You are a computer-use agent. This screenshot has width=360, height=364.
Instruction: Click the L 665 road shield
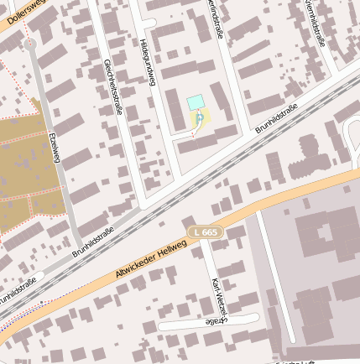pyautogui.click(x=204, y=231)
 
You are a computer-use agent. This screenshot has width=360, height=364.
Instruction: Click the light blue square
pyautogui.click(x=196, y=102)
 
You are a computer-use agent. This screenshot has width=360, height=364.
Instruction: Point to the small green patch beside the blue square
pyautogui.click(x=200, y=120)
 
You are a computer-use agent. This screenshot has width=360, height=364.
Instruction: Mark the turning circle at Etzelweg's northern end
pyautogui.click(x=31, y=43)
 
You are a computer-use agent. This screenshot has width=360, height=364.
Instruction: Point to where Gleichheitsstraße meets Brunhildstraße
pyautogui.click(x=143, y=204)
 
